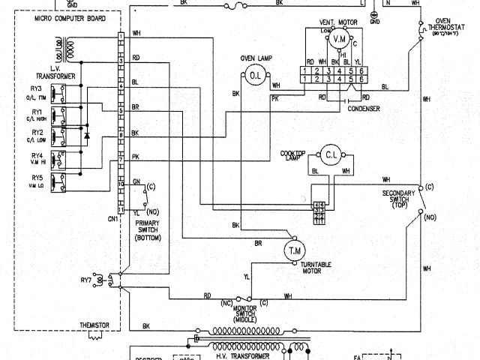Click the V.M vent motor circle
point(340,38)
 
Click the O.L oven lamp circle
point(254,75)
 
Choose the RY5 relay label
point(37,177)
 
